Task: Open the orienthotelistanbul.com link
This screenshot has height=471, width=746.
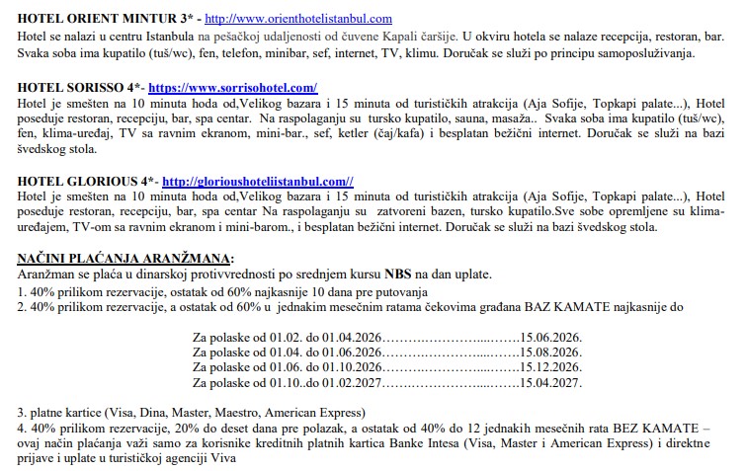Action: [x=280, y=19]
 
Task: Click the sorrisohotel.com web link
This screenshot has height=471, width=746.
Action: [x=232, y=88]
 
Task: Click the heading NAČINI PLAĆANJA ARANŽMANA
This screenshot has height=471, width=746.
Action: [x=125, y=260]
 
